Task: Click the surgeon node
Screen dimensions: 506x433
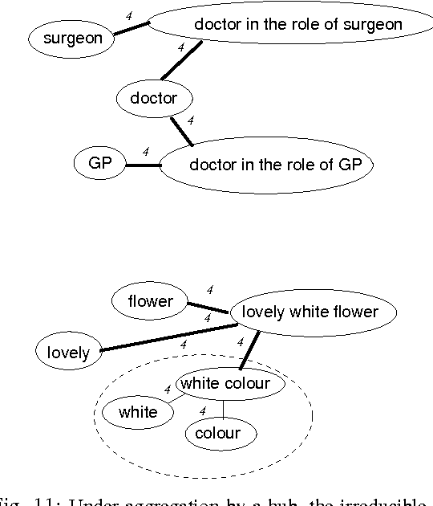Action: pos(71,38)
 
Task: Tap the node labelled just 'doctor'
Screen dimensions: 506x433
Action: pos(163,99)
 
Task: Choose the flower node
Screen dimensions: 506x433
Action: pos(150,301)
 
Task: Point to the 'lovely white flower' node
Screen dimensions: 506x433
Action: pos(309,312)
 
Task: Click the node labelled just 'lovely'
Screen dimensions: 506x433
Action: pos(68,353)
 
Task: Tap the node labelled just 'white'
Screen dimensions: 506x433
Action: pos(138,413)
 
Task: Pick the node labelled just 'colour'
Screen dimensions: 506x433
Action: pos(217,434)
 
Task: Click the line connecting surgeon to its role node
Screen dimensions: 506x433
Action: pos(131,29)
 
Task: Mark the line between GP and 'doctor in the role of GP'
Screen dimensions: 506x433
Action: pos(143,165)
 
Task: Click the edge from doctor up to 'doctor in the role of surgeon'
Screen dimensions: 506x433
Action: pos(181,60)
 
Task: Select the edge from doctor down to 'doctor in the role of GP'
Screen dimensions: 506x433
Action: pos(182,131)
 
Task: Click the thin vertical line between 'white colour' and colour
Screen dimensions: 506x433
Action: pos(223,409)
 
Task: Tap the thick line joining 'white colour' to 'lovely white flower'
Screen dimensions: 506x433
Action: pos(251,353)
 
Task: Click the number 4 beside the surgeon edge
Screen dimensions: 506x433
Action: pos(129,15)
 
